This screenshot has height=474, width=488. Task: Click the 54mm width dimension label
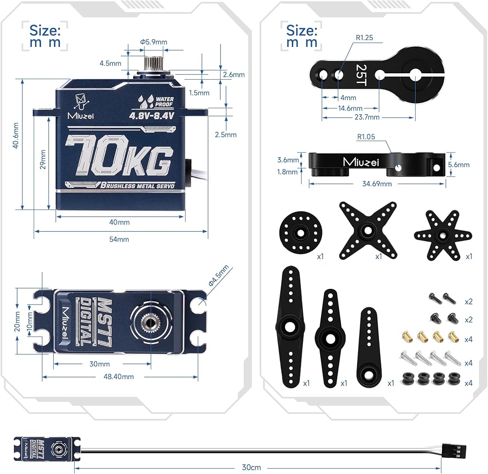click(120, 239)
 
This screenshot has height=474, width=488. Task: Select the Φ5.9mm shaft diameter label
click(154, 42)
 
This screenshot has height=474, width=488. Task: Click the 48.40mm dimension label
click(119, 377)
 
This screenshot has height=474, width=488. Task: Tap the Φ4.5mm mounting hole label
click(219, 276)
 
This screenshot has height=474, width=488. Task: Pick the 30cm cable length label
click(251, 467)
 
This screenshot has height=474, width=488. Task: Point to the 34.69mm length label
click(376, 184)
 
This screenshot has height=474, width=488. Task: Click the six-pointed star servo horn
click(443, 235)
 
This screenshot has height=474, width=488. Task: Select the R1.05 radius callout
click(366, 137)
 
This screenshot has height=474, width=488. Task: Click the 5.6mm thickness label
click(460, 165)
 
